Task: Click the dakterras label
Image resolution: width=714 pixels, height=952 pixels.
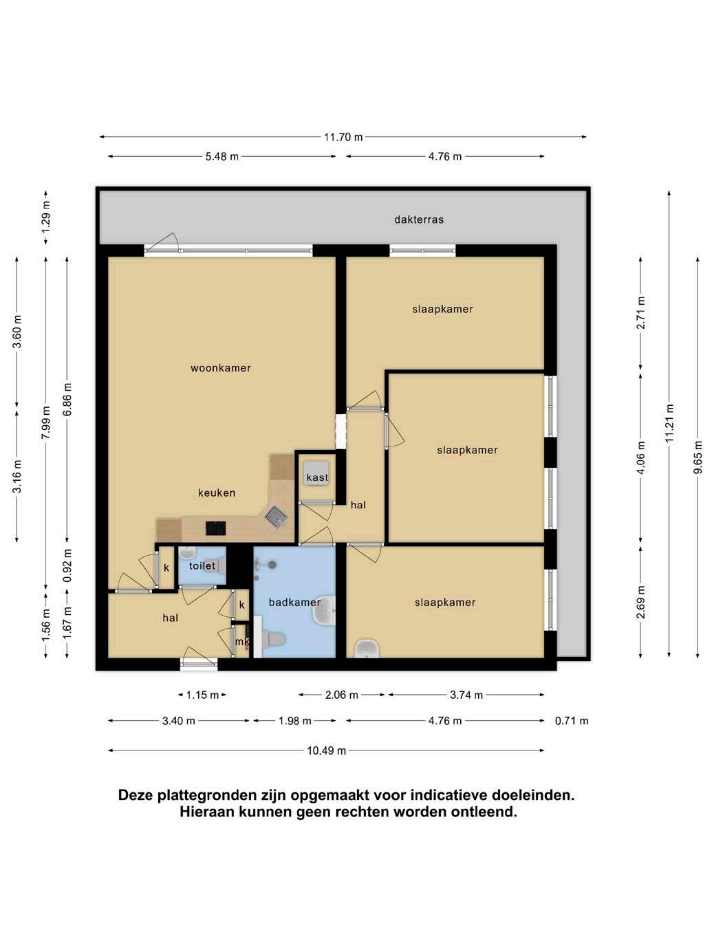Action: [419, 219]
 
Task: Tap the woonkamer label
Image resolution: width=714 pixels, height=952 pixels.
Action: [221, 368]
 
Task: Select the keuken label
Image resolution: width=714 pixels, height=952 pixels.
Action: [217, 493]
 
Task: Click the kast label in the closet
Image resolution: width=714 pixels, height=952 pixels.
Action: [317, 477]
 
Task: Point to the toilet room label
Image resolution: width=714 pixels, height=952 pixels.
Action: [202, 565]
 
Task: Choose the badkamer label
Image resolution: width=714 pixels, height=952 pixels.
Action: [295, 602]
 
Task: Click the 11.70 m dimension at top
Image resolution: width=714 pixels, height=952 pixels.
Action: [343, 137]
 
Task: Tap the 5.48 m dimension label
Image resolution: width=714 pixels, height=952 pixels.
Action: [222, 156]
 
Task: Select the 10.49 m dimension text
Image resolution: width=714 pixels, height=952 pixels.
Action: [327, 750]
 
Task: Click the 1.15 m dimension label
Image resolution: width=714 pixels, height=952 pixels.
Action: [202, 695]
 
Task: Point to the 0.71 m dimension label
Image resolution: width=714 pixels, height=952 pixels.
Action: [572, 721]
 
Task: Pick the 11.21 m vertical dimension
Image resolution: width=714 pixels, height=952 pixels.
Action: [670, 423]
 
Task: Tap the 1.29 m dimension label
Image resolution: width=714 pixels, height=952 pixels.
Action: [46, 217]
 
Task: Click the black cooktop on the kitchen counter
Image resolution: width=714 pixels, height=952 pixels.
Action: [215, 528]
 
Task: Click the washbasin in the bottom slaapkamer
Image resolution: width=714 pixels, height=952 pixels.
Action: [367, 649]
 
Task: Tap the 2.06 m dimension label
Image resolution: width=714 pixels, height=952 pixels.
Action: [342, 695]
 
